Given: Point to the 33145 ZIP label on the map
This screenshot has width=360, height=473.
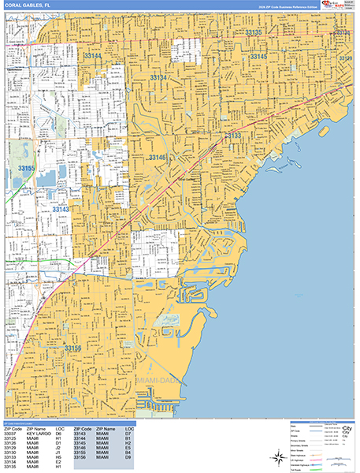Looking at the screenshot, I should pos(258,58).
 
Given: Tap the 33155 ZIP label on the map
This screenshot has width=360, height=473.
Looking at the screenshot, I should pos(27,169).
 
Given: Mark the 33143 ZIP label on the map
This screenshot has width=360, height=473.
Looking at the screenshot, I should pos(60,210).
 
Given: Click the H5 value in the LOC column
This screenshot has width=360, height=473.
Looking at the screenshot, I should pos(58,456).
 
